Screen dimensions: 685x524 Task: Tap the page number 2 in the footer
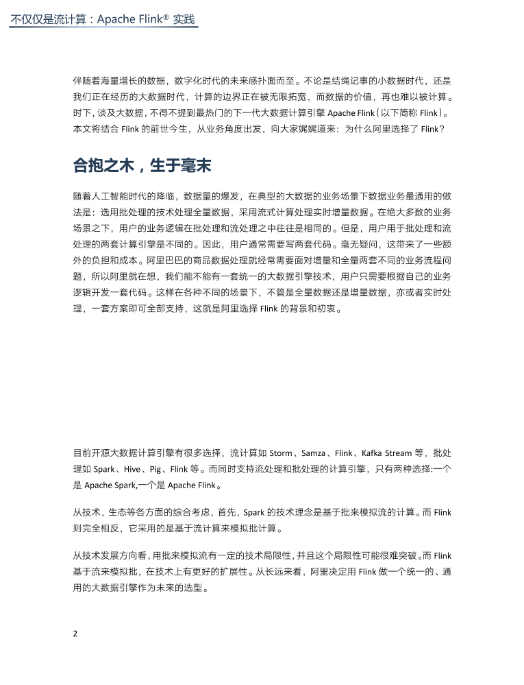[x=75, y=632]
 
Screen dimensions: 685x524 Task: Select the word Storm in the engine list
[x=281, y=453]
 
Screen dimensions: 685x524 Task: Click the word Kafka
[x=376, y=453]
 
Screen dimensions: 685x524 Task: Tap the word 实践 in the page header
[x=184, y=20]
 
